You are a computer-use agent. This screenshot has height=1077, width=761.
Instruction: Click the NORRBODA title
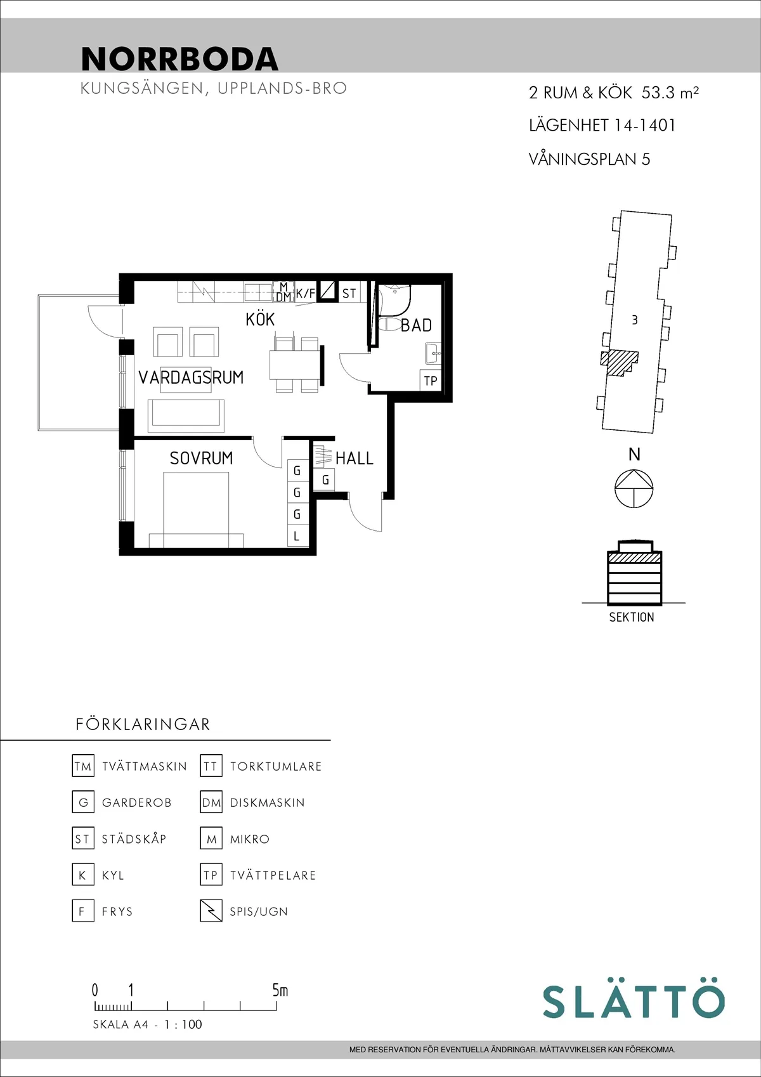tap(180, 59)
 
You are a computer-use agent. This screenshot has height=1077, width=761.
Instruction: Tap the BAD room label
tap(416, 325)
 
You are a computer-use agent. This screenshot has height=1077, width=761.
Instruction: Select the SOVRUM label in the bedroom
tap(201, 458)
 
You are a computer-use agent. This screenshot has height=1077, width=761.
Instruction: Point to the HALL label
tap(354, 458)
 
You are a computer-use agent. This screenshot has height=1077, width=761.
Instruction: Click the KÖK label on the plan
tap(260, 319)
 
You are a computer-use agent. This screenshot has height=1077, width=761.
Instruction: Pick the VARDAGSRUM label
tap(191, 377)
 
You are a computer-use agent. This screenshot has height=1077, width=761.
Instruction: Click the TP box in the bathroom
tap(431, 381)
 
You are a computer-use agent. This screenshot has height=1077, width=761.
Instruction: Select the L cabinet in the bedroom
tap(297, 536)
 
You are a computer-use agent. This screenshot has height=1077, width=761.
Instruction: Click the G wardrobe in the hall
tap(325, 480)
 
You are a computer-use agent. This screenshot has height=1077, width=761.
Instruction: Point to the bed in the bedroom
tap(196, 510)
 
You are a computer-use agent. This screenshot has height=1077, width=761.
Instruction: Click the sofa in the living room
tap(186, 412)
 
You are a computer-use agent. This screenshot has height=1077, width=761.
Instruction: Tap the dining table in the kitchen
tap(295, 365)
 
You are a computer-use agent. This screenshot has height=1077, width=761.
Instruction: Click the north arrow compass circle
tap(634, 488)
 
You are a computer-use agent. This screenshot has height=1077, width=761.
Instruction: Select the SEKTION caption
tap(631, 617)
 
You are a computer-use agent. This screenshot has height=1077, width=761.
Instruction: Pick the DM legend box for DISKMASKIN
tap(211, 802)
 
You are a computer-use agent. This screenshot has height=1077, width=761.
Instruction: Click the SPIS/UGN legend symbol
tap(211, 911)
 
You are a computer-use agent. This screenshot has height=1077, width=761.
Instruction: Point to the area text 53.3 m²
tap(670, 93)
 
